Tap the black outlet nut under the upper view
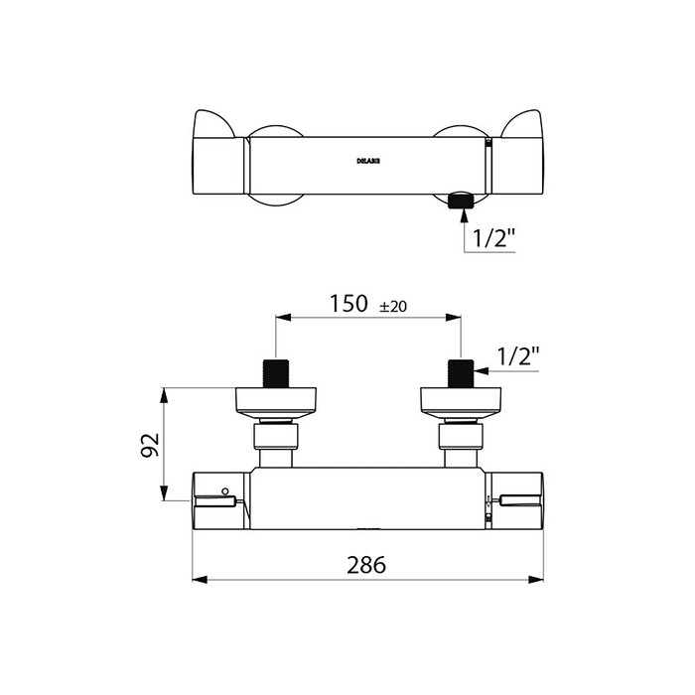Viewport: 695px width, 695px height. tap(460, 201)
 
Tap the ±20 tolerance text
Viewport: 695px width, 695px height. tap(394, 306)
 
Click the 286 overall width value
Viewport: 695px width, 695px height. tap(366, 565)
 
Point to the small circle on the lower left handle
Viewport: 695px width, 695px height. tap(225, 490)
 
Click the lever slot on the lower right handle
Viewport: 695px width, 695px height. tap(518, 500)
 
